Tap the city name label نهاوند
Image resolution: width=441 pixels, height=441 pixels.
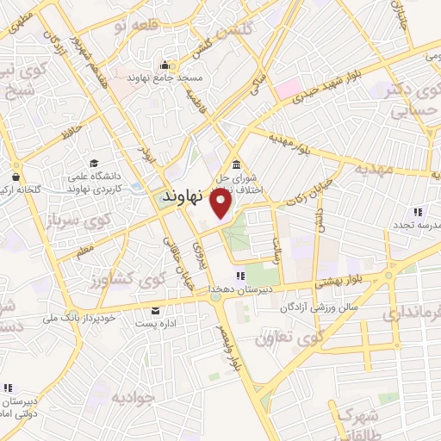tap(182, 196)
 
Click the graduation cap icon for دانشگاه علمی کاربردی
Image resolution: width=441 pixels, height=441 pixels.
tap(93, 164)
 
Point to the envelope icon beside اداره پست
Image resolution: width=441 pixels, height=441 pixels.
tap(155, 310)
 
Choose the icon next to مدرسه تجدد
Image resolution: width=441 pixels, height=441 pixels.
tap(418, 211)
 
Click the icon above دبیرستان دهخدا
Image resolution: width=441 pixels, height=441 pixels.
tap(240, 276)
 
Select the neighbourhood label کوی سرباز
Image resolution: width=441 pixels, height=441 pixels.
tap(77, 220)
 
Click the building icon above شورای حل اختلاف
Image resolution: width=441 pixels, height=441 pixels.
tap(236, 165)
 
